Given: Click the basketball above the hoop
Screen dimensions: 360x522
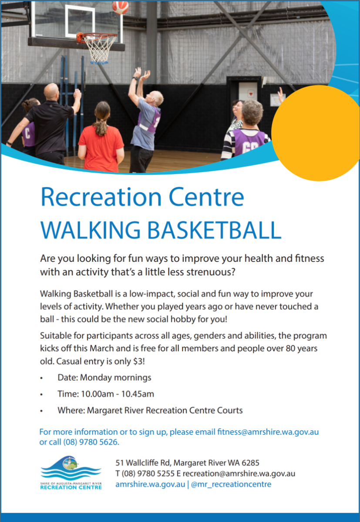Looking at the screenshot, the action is pos(120,7).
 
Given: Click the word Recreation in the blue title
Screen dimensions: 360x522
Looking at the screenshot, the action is pos(101,197).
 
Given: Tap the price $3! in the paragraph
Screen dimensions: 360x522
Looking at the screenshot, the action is pos(139,361).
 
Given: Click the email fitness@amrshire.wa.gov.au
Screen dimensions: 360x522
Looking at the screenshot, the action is pos(268,432).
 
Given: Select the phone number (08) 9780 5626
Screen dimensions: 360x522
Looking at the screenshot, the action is pos(91,442).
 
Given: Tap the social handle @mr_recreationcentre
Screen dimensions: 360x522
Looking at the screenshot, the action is pos(231,485).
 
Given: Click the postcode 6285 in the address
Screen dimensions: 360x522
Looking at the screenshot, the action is pos(250,463).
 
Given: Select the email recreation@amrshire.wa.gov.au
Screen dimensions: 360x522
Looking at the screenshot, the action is pos(239,474).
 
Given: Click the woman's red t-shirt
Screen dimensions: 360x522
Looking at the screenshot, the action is pos(101,147).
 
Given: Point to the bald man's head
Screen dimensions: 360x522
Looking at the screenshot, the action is pos(51,92).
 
